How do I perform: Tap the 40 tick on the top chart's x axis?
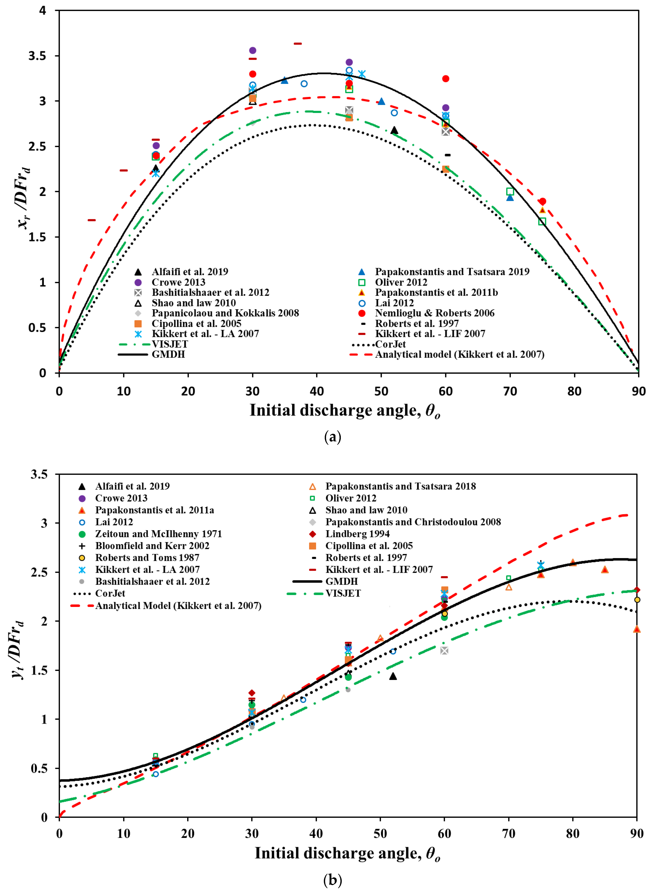point(317,391)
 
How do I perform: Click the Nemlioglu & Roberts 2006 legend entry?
point(434,313)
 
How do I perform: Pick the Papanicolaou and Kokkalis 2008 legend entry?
point(225,313)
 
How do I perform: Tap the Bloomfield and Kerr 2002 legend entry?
point(152,546)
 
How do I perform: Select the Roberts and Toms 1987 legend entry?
point(147,558)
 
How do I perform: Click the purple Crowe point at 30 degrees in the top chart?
point(253,50)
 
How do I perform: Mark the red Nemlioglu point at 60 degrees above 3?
point(446,79)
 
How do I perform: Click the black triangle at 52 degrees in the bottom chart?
point(393,676)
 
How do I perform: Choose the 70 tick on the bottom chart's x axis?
point(509,834)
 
